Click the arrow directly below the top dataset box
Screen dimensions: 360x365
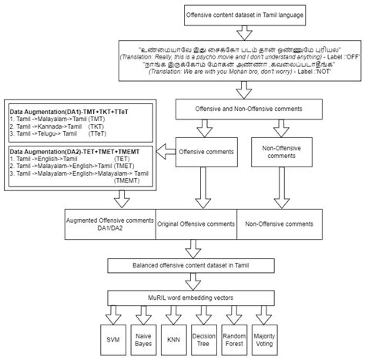(x=243, y=34)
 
